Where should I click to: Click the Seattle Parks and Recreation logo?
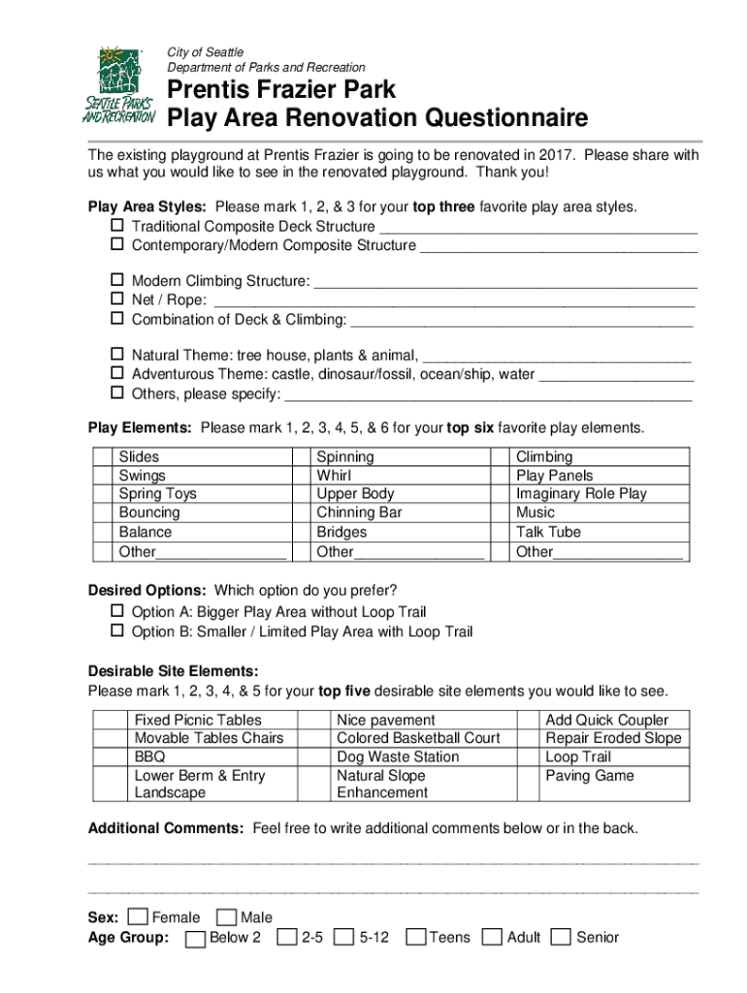click(118, 84)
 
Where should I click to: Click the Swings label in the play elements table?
click(142, 475)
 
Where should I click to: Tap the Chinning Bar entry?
click(359, 512)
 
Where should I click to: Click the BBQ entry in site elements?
click(149, 756)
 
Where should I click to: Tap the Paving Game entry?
click(590, 775)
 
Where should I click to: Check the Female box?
click(139, 917)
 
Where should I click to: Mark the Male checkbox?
click(227, 917)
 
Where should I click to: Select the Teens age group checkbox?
click(416, 937)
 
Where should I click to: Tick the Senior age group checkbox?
click(561, 937)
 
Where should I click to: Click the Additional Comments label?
click(166, 828)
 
